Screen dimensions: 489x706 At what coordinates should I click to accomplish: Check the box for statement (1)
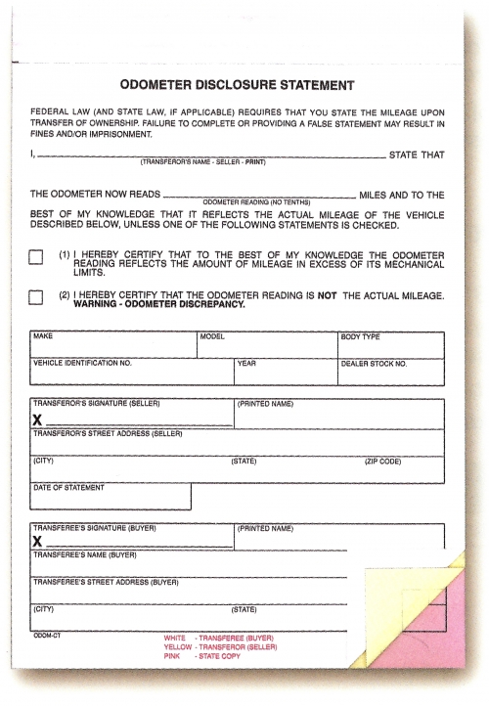(36, 257)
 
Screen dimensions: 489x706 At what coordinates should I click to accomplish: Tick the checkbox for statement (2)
(36, 296)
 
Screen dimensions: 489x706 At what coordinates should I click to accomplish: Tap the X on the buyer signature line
(38, 541)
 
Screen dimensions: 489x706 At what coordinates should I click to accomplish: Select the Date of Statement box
(111, 497)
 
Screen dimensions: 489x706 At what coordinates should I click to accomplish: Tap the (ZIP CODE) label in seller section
(382, 461)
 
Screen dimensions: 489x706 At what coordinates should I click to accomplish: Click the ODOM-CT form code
(46, 633)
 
